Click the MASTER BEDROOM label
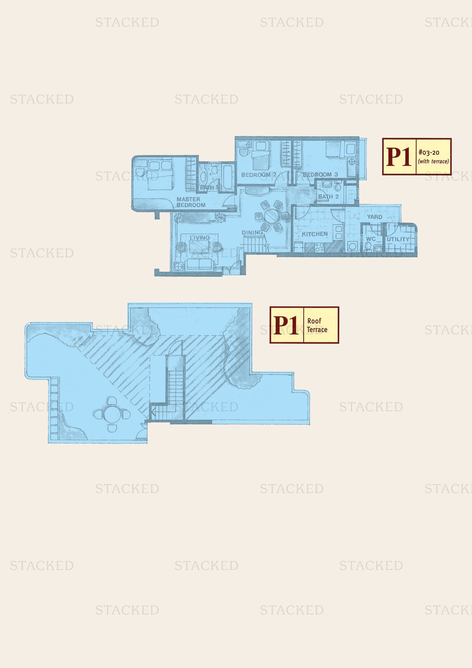click(191, 202)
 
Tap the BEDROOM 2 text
click(258, 175)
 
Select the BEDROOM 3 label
click(320, 174)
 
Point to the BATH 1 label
click(209, 187)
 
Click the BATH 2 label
click(328, 197)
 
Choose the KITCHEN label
click(314, 234)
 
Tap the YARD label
click(374, 217)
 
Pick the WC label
click(371, 239)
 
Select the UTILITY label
click(398, 239)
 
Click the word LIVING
click(200, 238)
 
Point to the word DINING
click(252, 232)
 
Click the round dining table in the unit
click(271, 216)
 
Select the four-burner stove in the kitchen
click(319, 247)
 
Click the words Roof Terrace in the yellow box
click(317, 325)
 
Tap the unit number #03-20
click(429, 152)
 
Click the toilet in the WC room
click(368, 247)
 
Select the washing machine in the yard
click(352, 246)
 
